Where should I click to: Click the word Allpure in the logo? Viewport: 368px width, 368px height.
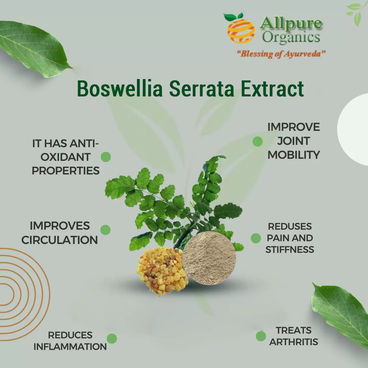point(291,24)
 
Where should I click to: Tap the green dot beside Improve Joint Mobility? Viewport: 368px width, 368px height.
point(257,141)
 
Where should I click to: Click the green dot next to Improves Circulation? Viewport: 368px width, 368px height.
point(105,230)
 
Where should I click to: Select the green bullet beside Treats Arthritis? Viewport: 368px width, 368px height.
point(261,336)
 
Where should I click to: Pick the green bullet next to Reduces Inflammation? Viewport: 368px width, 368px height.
point(112,339)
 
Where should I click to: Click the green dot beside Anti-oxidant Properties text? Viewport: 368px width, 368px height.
point(106,157)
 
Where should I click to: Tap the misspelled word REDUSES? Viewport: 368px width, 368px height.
point(290,226)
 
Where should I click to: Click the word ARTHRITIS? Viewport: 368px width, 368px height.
point(293,342)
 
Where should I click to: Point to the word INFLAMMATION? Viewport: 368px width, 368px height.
point(70,347)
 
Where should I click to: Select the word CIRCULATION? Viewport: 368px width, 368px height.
point(60,240)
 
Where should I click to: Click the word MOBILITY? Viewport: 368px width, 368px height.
point(293,155)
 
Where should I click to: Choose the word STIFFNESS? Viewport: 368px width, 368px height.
point(290,249)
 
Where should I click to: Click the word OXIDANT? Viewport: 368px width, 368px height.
point(61,157)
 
